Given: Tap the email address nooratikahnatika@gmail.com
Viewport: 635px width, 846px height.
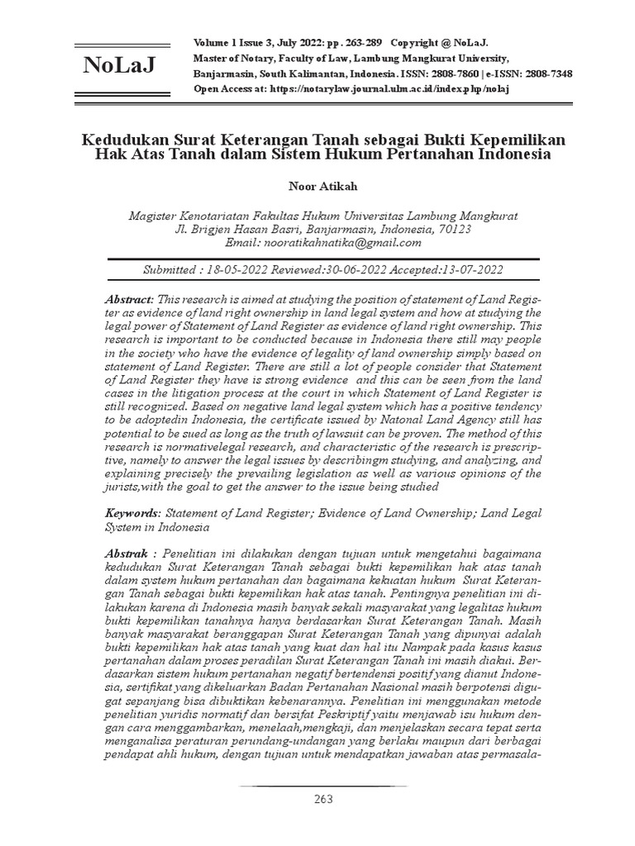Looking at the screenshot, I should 341,243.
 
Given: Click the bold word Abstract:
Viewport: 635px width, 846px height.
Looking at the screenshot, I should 130,298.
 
